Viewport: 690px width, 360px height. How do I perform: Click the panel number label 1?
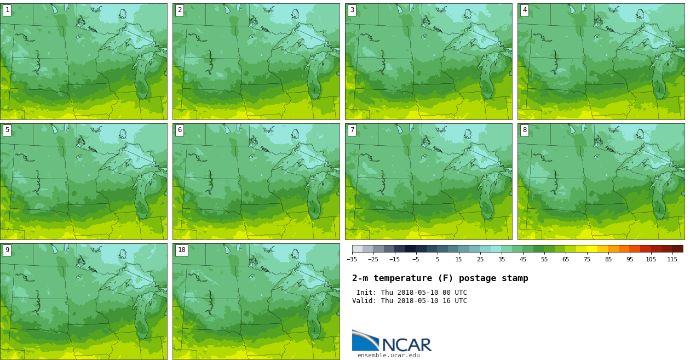(x=7, y=10)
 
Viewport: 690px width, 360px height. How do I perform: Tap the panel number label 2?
(x=180, y=10)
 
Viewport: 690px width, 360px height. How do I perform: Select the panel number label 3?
(x=352, y=10)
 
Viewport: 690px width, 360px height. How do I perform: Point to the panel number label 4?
(x=525, y=10)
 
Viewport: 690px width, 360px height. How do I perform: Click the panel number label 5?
(x=7, y=130)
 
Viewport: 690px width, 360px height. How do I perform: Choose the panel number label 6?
(x=180, y=130)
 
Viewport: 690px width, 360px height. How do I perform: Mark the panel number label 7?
(x=352, y=130)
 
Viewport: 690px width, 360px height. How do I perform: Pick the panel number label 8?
(x=525, y=130)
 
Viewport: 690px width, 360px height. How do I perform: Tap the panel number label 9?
(x=7, y=250)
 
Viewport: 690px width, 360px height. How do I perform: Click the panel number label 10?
(x=182, y=250)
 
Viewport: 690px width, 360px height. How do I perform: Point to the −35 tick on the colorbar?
(x=352, y=259)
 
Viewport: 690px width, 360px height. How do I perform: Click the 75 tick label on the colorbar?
(x=586, y=259)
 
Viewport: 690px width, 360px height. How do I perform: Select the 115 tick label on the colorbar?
(x=672, y=259)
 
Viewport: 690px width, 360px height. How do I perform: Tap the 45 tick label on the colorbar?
(x=522, y=259)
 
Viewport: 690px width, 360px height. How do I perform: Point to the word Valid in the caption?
(x=363, y=301)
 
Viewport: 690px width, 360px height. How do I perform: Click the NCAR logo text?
(x=406, y=345)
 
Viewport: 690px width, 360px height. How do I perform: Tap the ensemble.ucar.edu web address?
(x=388, y=356)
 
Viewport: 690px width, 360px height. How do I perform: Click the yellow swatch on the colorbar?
(x=592, y=249)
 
